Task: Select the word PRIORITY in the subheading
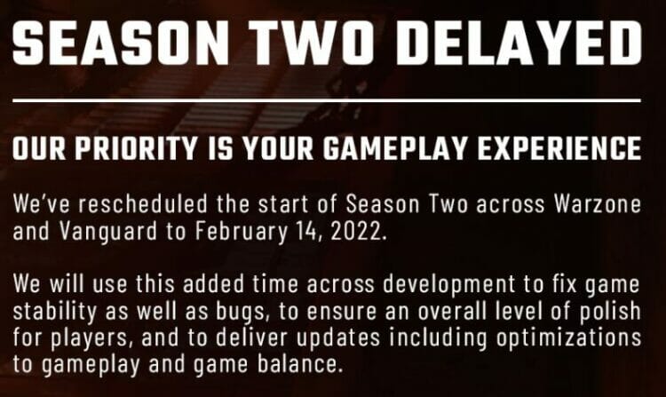pyautogui.click(x=137, y=148)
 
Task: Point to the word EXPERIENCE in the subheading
pyautogui.click(x=559, y=148)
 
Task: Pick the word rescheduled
pyautogui.click(x=143, y=204)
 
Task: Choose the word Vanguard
pyautogui.click(x=107, y=233)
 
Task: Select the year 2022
pyautogui.click(x=358, y=233)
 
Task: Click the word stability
pyautogui.click(x=55, y=311)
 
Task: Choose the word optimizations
pyautogui.click(x=568, y=338)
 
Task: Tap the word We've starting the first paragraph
pyautogui.click(x=41, y=204)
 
